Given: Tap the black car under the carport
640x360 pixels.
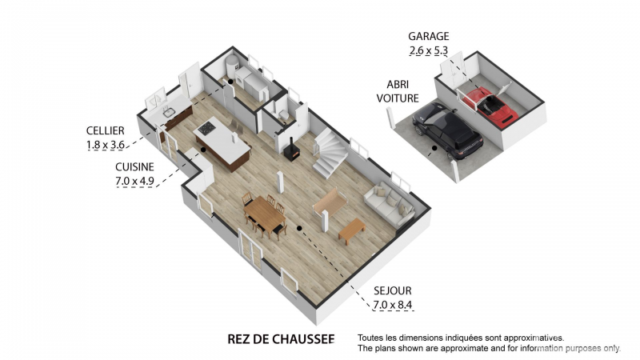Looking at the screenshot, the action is [448, 130].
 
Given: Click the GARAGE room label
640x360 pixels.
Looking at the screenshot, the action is [429, 36].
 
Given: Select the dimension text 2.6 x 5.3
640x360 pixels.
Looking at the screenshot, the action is [429, 50].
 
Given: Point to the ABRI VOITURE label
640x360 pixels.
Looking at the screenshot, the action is [398, 91].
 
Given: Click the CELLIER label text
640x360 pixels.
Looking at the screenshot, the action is [106, 130].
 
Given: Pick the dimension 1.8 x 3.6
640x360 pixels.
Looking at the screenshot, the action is [106, 145].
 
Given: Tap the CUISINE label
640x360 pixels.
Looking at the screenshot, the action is [134, 167].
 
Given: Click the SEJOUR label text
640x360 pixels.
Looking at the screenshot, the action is [393, 290].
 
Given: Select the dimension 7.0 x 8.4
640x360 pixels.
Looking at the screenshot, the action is [393, 305].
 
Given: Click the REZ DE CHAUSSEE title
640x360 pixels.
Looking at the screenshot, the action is [281, 339].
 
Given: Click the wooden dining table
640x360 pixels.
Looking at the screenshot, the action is [265, 214].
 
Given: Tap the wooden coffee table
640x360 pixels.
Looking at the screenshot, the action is [352, 230].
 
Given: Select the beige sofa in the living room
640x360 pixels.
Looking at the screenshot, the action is [390, 204].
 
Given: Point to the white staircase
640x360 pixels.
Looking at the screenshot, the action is [329, 153].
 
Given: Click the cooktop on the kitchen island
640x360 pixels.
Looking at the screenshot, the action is [206, 129].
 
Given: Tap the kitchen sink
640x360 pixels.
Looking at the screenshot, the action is [169, 112].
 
